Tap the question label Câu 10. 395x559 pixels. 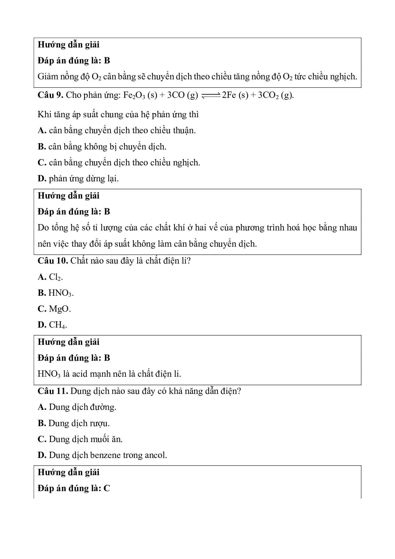(53, 261)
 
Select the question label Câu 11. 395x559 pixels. (53, 391)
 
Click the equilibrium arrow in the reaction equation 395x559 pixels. (211, 96)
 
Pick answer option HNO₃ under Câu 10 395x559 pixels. (61, 293)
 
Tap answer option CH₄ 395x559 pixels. (57, 325)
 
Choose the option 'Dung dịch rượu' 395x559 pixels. (79, 424)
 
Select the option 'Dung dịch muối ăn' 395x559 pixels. (85, 439)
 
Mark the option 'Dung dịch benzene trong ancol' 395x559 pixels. (108, 455)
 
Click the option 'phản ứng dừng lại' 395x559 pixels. (83, 178)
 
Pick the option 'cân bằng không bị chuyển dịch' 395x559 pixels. (107, 147)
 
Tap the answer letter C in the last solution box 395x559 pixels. (107, 488)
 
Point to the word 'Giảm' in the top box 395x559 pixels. (47, 76)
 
